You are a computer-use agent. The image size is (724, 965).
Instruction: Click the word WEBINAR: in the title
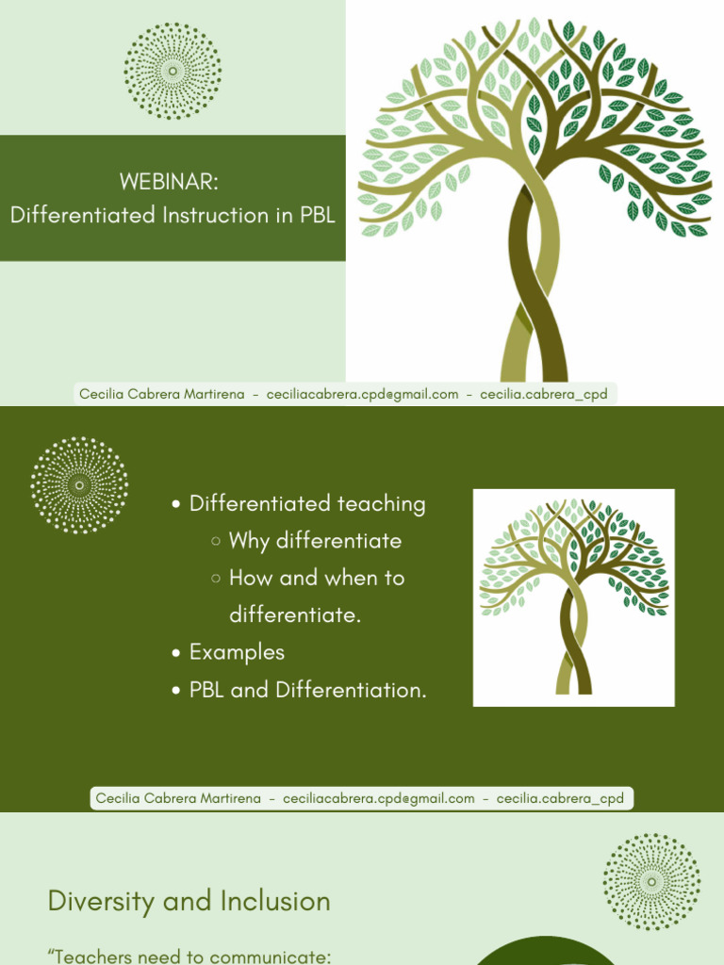170,182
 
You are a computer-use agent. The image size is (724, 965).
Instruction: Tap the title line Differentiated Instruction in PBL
173,215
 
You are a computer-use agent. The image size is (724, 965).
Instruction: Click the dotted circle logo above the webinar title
173,72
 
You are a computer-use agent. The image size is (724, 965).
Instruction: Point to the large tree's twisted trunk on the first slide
534,283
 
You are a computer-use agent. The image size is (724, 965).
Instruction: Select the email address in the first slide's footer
363,394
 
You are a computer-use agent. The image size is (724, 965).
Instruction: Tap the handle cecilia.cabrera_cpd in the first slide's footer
544,394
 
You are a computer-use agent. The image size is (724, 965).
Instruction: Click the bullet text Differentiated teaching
307,504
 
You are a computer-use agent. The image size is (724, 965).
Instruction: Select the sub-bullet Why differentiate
315,541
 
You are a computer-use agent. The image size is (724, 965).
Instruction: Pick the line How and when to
317,578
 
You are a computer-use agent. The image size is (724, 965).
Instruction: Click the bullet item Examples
237,652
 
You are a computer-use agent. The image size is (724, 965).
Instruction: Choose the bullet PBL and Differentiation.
307,690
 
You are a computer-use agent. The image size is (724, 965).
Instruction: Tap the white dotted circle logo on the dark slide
79,485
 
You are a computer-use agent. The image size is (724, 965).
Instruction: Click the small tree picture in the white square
573,597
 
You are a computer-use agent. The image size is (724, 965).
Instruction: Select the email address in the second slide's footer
379,798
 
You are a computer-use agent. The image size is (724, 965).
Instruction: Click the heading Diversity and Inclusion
189,901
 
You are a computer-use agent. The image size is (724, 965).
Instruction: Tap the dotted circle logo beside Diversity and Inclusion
651,881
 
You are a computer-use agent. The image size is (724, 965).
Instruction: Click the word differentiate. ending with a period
295,615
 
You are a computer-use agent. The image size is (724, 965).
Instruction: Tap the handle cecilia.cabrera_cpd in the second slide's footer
560,798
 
